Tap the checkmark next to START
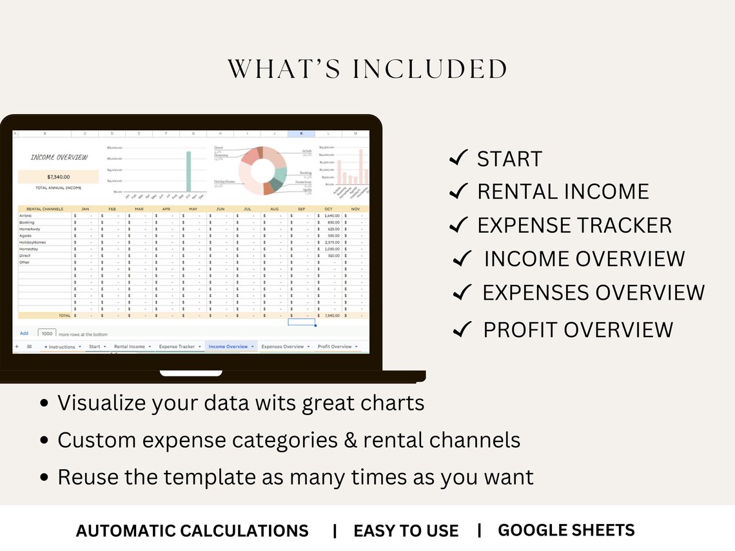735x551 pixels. [x=458, y=158]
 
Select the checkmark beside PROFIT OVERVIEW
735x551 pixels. [x=463, y=330]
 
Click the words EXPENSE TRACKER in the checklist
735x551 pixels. [x=574, y=226]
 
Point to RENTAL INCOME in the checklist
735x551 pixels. [x=563, y=191]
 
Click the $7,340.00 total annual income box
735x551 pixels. [x=58, y=177]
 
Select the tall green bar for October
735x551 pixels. [x=189, y=171]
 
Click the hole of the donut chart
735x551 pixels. [x=262, y=171]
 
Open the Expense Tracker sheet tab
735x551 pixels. [x=177, y=347]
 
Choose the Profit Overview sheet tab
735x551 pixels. [x=335, y=347]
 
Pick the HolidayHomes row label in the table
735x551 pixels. [x=33, y=242]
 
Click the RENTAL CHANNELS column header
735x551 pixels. [x=44, y=209]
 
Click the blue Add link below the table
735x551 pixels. [x=24, y=333]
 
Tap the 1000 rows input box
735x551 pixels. [x=47, y=333]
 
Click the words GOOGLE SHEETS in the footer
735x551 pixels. [x=566, y=530]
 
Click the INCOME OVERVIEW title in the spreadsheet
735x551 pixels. [x=59, y=157]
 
